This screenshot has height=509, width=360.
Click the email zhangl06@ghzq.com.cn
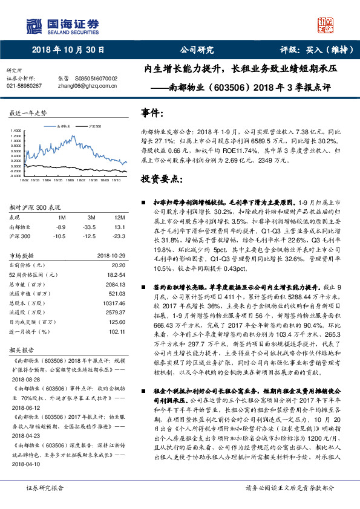click(x=84, y=86)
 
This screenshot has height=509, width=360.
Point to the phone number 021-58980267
click(x=24, y=86)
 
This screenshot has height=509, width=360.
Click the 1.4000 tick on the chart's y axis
click(x=14, y=130)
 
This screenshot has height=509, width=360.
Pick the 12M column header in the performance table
click(x=119, y=217)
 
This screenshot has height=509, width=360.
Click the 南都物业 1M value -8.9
click(x=60, y=227)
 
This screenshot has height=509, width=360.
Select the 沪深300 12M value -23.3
click(x=119, y=236)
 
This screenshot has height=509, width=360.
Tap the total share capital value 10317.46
click(x=115, y=304)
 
